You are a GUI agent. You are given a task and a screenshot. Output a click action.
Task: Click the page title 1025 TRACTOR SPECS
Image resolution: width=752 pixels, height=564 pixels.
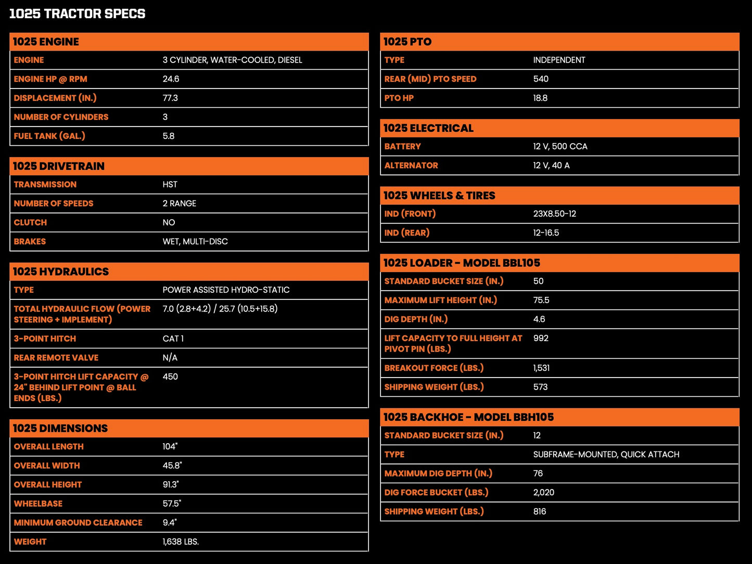(77, 14)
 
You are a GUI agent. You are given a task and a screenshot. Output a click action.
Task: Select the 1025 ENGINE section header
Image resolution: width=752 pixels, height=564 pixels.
(46, 42)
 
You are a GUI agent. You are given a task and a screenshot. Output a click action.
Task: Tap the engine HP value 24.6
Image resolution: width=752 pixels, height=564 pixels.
(171, 79)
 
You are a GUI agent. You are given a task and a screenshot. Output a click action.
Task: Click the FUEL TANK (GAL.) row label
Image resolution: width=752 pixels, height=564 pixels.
(49, 136)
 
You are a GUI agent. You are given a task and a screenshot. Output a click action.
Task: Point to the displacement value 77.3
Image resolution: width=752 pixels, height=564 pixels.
(170, 98)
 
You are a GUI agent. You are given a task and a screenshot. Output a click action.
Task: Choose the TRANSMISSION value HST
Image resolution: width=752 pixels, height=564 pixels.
(170, 184)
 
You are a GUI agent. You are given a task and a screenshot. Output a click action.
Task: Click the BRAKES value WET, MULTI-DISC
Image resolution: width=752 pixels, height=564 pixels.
(195, 242)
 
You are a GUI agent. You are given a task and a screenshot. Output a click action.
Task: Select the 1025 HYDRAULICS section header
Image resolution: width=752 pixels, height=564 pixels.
(61, 271)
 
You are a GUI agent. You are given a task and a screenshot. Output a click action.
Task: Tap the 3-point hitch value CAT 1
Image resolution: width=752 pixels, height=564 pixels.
(173, 339)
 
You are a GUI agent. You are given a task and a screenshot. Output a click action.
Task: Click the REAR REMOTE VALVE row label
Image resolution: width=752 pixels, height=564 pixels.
(56, 358)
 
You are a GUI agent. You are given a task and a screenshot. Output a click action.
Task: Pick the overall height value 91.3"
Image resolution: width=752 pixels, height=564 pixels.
(171, 485)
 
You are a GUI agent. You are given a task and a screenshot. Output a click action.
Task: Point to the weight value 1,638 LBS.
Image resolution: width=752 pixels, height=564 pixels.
(181, 542)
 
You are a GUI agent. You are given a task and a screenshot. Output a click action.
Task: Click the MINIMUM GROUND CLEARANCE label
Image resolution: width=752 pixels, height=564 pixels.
(78, 523)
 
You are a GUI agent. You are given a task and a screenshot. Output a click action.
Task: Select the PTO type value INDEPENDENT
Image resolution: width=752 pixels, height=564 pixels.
(559, 60)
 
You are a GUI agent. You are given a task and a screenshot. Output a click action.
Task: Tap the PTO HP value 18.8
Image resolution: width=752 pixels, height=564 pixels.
(540, 98)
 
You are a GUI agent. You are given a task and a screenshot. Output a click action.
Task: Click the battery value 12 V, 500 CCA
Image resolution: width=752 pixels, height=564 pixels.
(560, 146)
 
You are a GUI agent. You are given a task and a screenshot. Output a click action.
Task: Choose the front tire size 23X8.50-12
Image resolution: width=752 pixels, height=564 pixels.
(554, 214)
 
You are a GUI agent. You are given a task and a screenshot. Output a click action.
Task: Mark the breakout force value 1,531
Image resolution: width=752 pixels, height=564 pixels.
(541, 368)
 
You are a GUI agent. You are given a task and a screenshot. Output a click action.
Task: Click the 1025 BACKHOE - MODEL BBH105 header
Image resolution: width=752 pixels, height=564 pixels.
(468, 417)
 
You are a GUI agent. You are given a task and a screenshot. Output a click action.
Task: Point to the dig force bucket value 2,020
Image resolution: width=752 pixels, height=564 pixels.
(543, 493)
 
